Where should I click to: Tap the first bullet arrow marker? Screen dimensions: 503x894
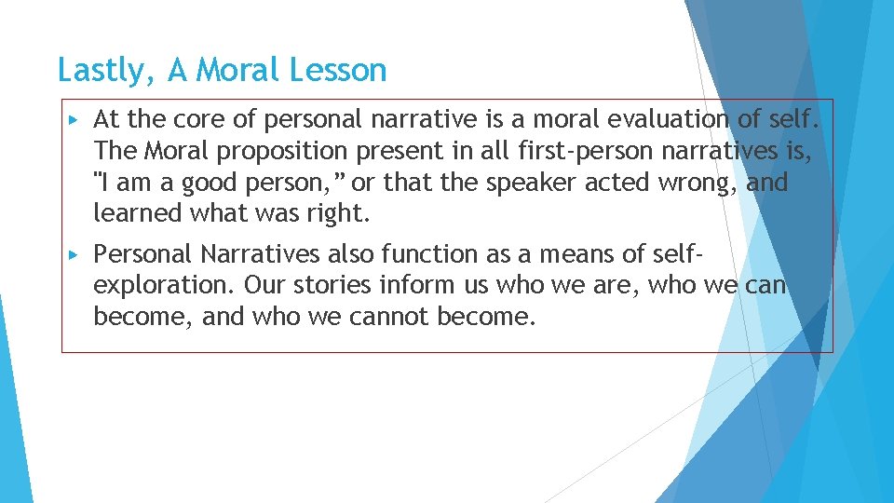(74, 119)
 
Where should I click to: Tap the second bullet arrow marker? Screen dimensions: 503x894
(74, 253)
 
